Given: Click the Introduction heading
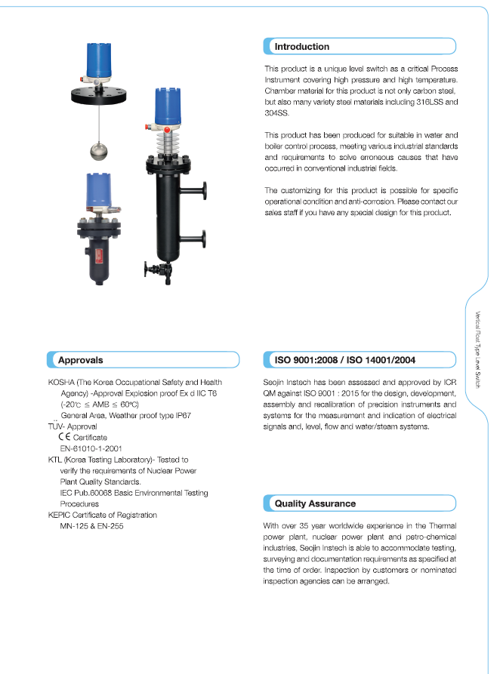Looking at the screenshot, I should (301, 47).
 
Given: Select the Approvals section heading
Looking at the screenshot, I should (80, 361).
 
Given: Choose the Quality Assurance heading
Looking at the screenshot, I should (315, 503).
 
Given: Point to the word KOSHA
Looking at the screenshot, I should (61, 383).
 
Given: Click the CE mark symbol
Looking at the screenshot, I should (64, 437).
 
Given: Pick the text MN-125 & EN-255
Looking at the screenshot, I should (91, 525).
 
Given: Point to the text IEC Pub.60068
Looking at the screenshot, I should (90, 493).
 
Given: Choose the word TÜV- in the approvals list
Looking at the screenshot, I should (57, 426).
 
